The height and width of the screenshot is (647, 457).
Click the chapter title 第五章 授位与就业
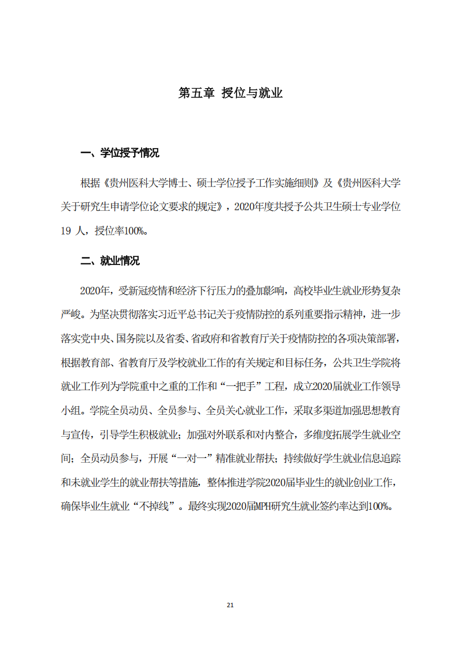[x=230, y=93]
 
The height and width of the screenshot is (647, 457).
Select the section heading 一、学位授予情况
[x=120, y=153]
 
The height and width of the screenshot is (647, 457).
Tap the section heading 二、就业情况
[x=110, y=261]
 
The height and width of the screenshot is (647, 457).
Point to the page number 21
[x=230, y=605]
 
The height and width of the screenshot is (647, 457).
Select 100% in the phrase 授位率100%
[x=136, y=232]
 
